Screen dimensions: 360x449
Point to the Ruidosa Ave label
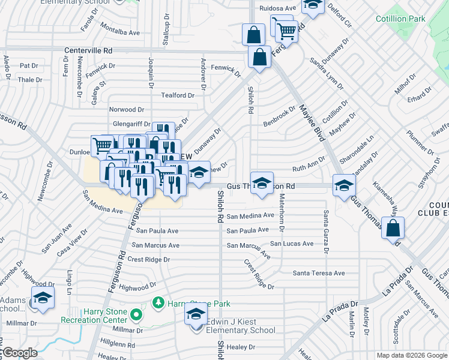click(277, 8)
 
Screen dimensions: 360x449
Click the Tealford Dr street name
click(178, 95)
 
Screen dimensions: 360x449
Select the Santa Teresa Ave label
click(319, 273)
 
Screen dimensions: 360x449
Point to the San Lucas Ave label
click(291, 244)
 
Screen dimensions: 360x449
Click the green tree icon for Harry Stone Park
click(158, 302)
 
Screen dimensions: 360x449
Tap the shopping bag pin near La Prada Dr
click(393, 228)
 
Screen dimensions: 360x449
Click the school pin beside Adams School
click(43, 299)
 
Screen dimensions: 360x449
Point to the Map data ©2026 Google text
click(411, 355)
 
